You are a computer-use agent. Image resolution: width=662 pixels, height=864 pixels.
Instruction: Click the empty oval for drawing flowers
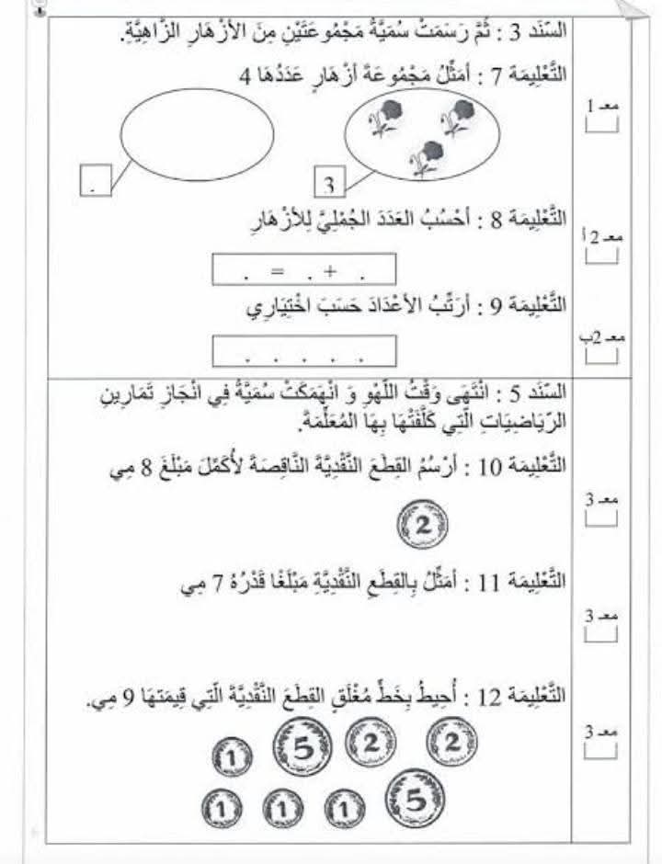click(x=197, y=135)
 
